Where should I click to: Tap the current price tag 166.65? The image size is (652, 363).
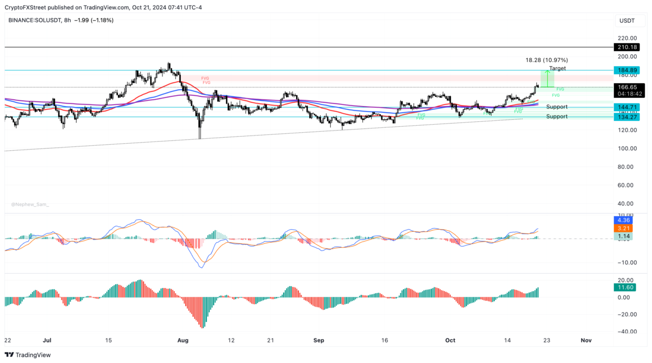[x=628, y=87]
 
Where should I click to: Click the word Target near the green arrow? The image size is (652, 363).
[x=557, y=69]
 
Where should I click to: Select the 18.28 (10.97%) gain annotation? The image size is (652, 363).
[x=547, y=60]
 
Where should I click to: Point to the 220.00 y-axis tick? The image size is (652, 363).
[x=627, y=38]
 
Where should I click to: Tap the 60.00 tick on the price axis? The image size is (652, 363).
[x=627, y=185]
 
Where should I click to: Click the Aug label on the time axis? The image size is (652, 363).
[x=183, y=340]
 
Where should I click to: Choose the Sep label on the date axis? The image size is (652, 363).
[x=319, y=340]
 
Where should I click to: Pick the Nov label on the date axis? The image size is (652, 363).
[x=585, y=340]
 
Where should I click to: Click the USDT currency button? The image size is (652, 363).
[x=626, y=21]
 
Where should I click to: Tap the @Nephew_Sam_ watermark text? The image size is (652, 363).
[x=30, y=205]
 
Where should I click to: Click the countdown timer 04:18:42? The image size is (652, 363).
[x=628, y=94]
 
